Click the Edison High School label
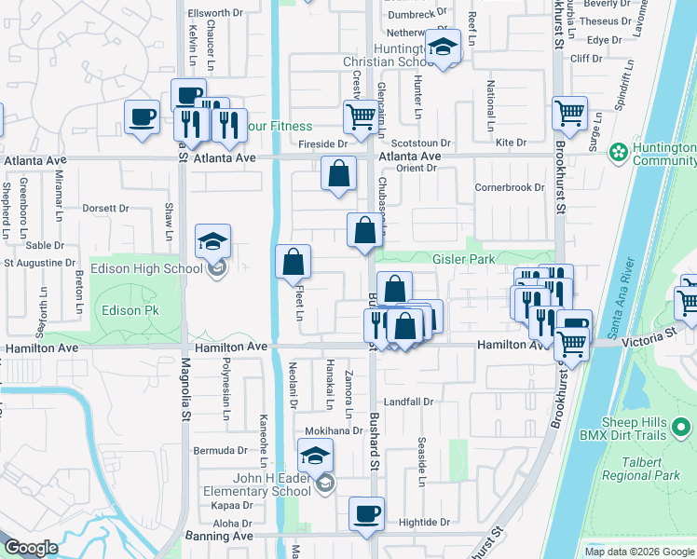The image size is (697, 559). point(149,269)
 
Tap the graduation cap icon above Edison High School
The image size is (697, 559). point(212,242)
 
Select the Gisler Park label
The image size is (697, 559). point(463,259)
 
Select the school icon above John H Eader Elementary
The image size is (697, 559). point(315,456)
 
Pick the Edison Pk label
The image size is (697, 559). point(110,310)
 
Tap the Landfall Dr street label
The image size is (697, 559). point(409,402)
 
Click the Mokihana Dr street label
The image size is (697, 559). point(334,431)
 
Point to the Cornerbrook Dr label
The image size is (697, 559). point(509,187)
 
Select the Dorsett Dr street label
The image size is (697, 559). point(104,209)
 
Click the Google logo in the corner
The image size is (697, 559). point(31,548)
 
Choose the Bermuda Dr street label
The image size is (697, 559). point(218,451)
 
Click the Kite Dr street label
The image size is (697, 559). point(511,143)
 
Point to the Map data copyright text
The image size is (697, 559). point(639,552)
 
